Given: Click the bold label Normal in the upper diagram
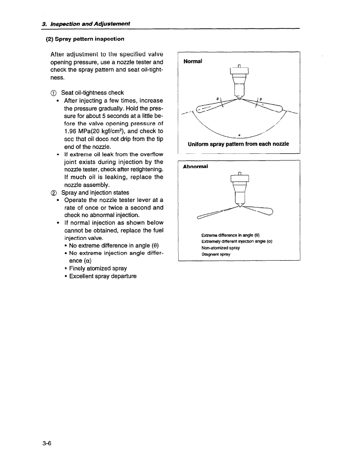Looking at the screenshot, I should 193,61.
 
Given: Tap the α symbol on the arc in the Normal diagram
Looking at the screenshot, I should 239,135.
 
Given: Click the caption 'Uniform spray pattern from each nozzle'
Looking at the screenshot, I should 238,144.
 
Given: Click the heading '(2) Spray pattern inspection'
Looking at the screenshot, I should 85,38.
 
